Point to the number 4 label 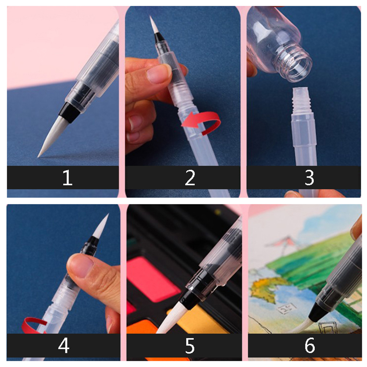[x=64, y=345]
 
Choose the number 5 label [x=190, y=345]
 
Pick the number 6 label [x=309, y=345]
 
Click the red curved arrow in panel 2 [x=206, y=122]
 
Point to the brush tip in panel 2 [x=153, y=25]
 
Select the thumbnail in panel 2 [x=158, y=74]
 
